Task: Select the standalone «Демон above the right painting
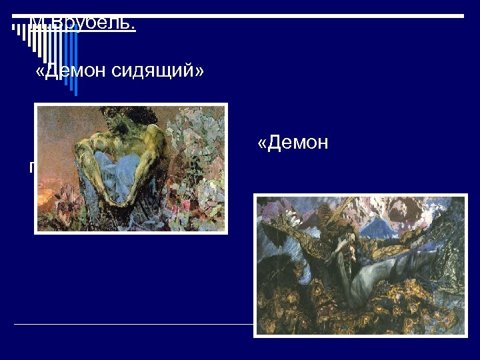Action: pyautogui.click(x=293, y=143)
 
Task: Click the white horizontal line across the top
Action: pyautogui.click(x=267, y=15)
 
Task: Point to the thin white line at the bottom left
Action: pyautogui.click(x=133, y=324)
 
